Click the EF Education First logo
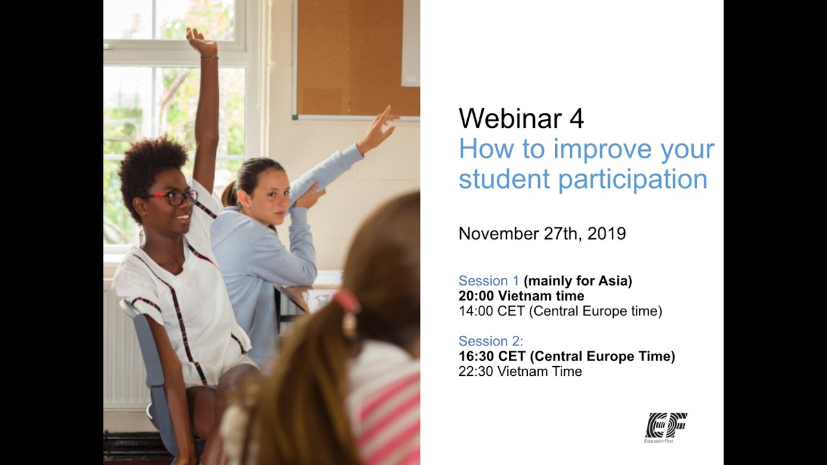pos(666,427)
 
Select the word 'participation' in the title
pos(633,180)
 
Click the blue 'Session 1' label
pos(488,281)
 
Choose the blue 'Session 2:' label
pos(491,341)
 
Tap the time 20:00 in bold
pos(476,296)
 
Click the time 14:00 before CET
pos(476,311)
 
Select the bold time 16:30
pos(476,356)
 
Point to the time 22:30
pos(476,371)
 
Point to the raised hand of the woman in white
pos(201,40)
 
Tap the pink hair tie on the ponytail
pos(348,302)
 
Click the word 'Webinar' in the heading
pos(511,119)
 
